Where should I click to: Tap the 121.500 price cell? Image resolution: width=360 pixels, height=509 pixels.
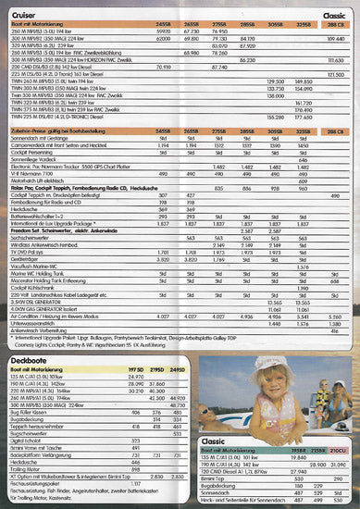click(336, 100)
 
